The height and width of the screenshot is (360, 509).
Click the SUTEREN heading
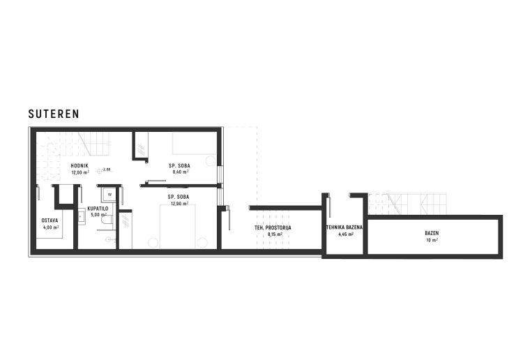click(x=54, y=113)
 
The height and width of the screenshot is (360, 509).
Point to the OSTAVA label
click(x=50, y=220)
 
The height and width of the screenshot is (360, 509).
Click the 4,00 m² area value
click(x=50, y=227)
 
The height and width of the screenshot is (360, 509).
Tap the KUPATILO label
click(x=98, y=208)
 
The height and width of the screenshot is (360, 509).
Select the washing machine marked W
click(x=110, y=195)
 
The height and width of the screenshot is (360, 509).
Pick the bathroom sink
click(x=82, y=215)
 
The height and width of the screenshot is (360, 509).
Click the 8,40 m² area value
click(x=179, y=172)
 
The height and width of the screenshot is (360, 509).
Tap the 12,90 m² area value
click(x=178, y=203)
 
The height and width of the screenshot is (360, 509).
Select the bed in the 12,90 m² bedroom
click(x=179, y=227)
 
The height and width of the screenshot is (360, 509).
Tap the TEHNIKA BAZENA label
click(x=345, y=228)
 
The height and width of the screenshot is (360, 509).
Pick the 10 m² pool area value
click(x=432, y=240)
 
